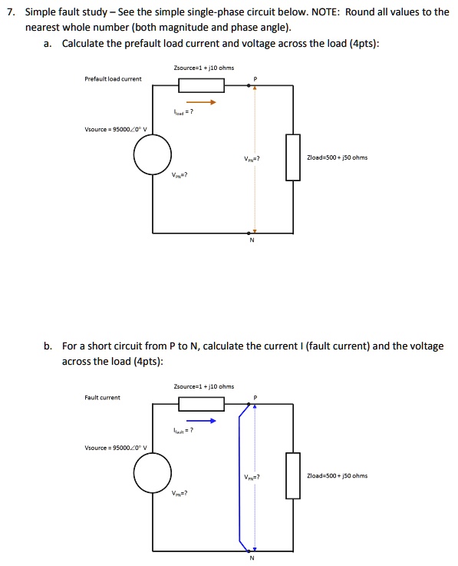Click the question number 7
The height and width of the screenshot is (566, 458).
tap(8, 12)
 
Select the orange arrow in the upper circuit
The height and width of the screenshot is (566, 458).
tap(200, 101)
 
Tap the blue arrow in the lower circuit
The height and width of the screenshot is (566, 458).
tap(200, 421)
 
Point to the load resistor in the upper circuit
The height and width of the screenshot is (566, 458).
tap(292, 157)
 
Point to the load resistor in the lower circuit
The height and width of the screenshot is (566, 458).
tap(292, 475)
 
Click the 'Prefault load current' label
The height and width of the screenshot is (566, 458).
tap(113, 79)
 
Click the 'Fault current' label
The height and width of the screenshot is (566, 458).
tap(102, 397)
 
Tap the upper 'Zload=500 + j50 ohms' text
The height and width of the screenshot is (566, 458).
tap(338, 157)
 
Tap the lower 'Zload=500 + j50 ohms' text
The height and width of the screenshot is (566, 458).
tap(338, 475)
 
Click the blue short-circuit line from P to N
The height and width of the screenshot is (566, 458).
tap(239, 476)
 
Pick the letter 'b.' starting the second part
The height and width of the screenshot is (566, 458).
tap(48, 346)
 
